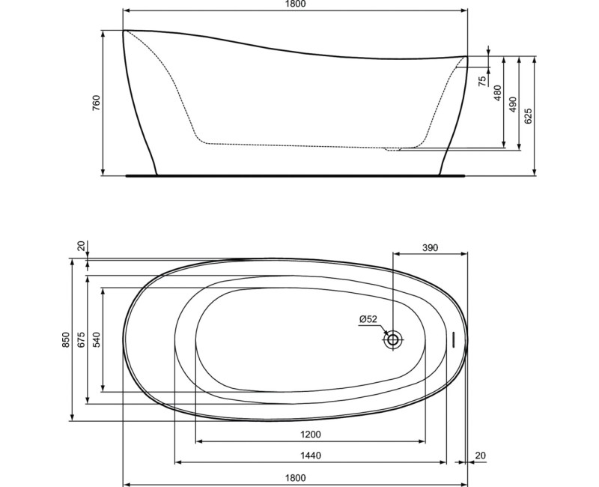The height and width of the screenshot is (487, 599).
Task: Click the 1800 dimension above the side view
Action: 295,4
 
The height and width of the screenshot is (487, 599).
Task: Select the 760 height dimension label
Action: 96,103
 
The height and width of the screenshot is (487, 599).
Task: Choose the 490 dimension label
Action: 513,104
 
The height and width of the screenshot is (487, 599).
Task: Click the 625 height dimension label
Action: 529,116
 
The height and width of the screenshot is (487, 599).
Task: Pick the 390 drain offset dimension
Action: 429,248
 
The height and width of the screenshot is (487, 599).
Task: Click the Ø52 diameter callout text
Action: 368,319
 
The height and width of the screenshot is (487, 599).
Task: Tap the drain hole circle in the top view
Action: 393,339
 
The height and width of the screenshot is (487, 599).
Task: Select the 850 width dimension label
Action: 66,340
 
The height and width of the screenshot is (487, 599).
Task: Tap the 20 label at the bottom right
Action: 479,456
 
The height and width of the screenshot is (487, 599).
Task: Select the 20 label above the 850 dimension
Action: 81,245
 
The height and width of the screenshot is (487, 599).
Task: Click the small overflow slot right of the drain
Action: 452,339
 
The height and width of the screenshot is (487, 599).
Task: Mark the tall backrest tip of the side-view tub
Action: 125,31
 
